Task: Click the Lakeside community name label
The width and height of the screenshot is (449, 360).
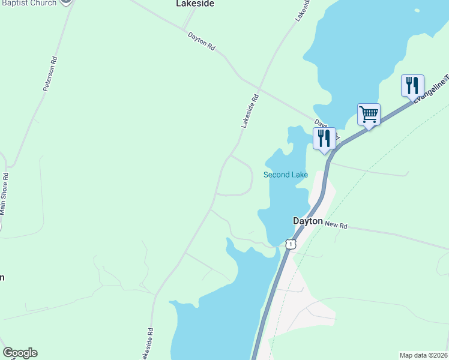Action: coord(195,4)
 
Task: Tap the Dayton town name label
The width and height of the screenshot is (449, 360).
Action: coord(308,221)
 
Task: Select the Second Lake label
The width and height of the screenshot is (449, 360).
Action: coord(286,175)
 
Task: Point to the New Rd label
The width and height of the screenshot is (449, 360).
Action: coord(337,224)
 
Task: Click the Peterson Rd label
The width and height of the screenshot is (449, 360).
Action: coord(50,74)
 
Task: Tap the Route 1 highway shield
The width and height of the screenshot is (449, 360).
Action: coord(291,244)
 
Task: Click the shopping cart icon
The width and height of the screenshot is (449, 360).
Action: coord(369,113)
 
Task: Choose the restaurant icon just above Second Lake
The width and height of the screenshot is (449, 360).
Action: coord(324,138)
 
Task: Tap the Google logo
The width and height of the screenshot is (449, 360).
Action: coord(20,353)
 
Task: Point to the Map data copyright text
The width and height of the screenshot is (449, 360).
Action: coord(423,355)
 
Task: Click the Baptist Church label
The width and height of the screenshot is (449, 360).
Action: coord(28,3)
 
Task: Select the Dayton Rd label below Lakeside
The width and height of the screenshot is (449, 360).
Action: coord(201,40)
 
